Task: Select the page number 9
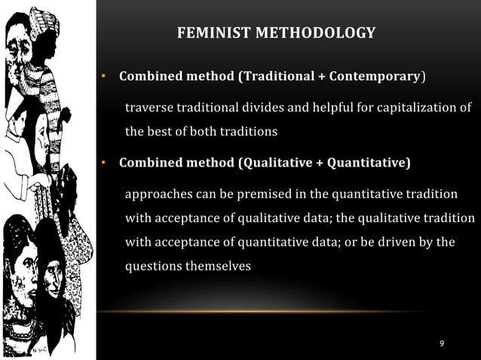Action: point(442,343)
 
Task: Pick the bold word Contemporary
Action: point(375,77)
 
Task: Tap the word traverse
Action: point(150,108)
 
